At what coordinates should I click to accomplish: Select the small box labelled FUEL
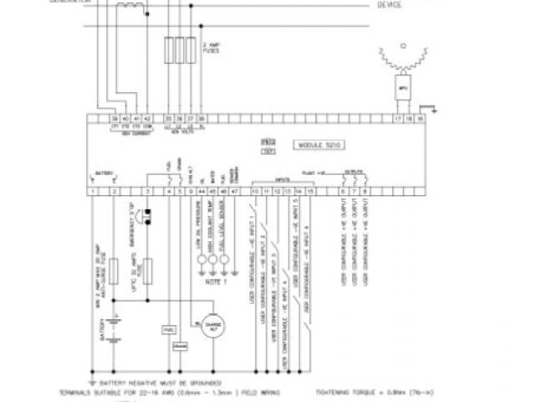(170, 328)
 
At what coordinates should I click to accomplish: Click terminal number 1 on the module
(91, 192)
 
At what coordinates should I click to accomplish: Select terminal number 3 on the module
(147, 192)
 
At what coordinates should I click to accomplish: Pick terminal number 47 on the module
(234, 192)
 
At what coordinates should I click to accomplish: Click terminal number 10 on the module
(255, 192)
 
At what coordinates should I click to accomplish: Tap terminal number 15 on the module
(310, 192)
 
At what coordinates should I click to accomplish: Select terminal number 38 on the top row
(201, 119)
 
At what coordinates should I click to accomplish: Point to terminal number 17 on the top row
(397, 119)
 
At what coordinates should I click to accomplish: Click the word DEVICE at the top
(390, 5)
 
